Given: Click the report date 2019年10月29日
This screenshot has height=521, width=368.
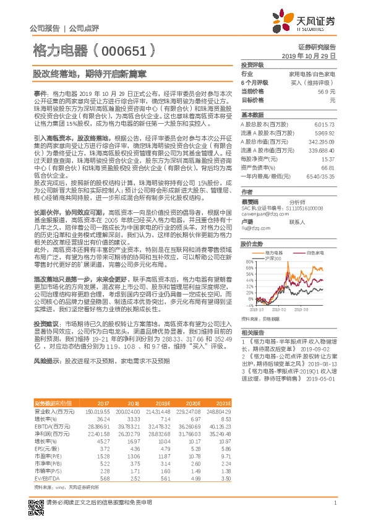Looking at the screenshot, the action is coord(312,55).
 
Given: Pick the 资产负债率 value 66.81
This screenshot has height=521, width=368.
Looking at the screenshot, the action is coord(327,167).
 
